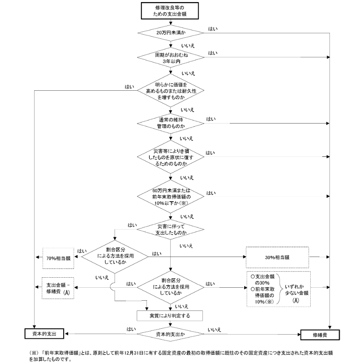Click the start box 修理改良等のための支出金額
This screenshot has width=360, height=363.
170,10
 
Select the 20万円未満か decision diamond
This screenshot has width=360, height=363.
171,33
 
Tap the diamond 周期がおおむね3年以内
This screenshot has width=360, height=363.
171,58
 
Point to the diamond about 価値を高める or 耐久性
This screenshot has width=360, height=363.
171,90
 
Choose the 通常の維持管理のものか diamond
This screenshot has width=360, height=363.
171,123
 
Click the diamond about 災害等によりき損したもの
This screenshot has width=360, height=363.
171,157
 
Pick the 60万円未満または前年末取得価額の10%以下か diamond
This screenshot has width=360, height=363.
171,197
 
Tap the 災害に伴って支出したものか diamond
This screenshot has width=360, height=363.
171,230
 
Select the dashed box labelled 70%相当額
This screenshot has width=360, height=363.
59,258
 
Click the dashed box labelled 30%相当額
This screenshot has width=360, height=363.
277,257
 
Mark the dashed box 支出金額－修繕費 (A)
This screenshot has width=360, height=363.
58,288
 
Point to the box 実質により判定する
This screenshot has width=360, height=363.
170,316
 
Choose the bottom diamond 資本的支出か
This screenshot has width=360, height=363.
171,334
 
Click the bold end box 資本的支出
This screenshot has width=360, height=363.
44,334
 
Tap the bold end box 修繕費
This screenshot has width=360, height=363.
320,335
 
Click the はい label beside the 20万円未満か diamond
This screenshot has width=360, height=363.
213,29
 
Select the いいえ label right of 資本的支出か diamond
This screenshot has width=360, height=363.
214,330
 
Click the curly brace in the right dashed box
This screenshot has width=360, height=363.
280,289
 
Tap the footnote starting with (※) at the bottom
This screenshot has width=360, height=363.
181,356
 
